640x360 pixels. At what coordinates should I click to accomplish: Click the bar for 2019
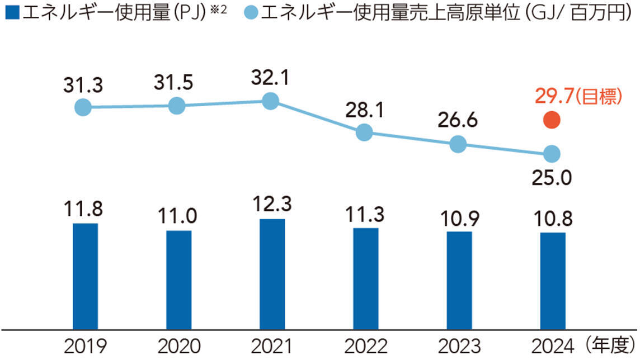(85, 276)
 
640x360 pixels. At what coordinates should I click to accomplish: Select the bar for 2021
(272, 274)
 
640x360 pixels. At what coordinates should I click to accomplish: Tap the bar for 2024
(552, 280)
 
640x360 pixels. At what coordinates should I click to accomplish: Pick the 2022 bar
(365, 278)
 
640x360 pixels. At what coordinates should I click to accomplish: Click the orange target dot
(552, 120)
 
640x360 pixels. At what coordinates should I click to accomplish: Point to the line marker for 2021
(271, 101)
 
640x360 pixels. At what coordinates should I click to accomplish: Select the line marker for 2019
(83, 107)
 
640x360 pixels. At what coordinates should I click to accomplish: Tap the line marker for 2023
(458, 144)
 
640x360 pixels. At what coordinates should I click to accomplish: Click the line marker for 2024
(552, 153)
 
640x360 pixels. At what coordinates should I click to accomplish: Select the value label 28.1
(364, 111)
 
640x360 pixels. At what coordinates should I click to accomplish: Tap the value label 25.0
(552, 178)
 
